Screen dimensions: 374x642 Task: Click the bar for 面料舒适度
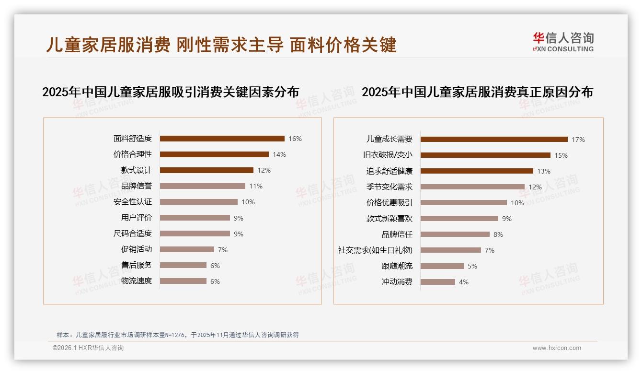[222, 139]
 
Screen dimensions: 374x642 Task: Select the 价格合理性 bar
[214, 154]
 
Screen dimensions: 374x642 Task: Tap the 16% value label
[295, 139]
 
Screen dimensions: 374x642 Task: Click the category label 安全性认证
[133, 202]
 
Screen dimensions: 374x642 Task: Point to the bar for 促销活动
[187, 249]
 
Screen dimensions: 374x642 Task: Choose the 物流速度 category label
[137, 281]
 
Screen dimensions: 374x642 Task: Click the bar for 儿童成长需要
[494, 140]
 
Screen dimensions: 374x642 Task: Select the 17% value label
[578, 140]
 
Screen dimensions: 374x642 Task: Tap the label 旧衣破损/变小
[388, 155]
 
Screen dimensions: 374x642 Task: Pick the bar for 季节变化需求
[472, 187]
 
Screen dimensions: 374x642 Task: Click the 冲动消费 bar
[438, 282]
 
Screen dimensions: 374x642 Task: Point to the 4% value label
[464, 282]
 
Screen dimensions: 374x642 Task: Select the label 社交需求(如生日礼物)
[375, 250]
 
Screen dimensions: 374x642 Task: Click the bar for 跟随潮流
[442, 266]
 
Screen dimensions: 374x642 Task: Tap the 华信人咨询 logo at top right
[563, 42]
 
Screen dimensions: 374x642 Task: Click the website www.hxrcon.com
[557, 348]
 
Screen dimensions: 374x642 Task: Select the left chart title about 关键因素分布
[171, 92]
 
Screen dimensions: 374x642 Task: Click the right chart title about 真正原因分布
[477, 92]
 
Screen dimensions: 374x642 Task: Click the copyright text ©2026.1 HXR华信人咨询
[88, 348]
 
